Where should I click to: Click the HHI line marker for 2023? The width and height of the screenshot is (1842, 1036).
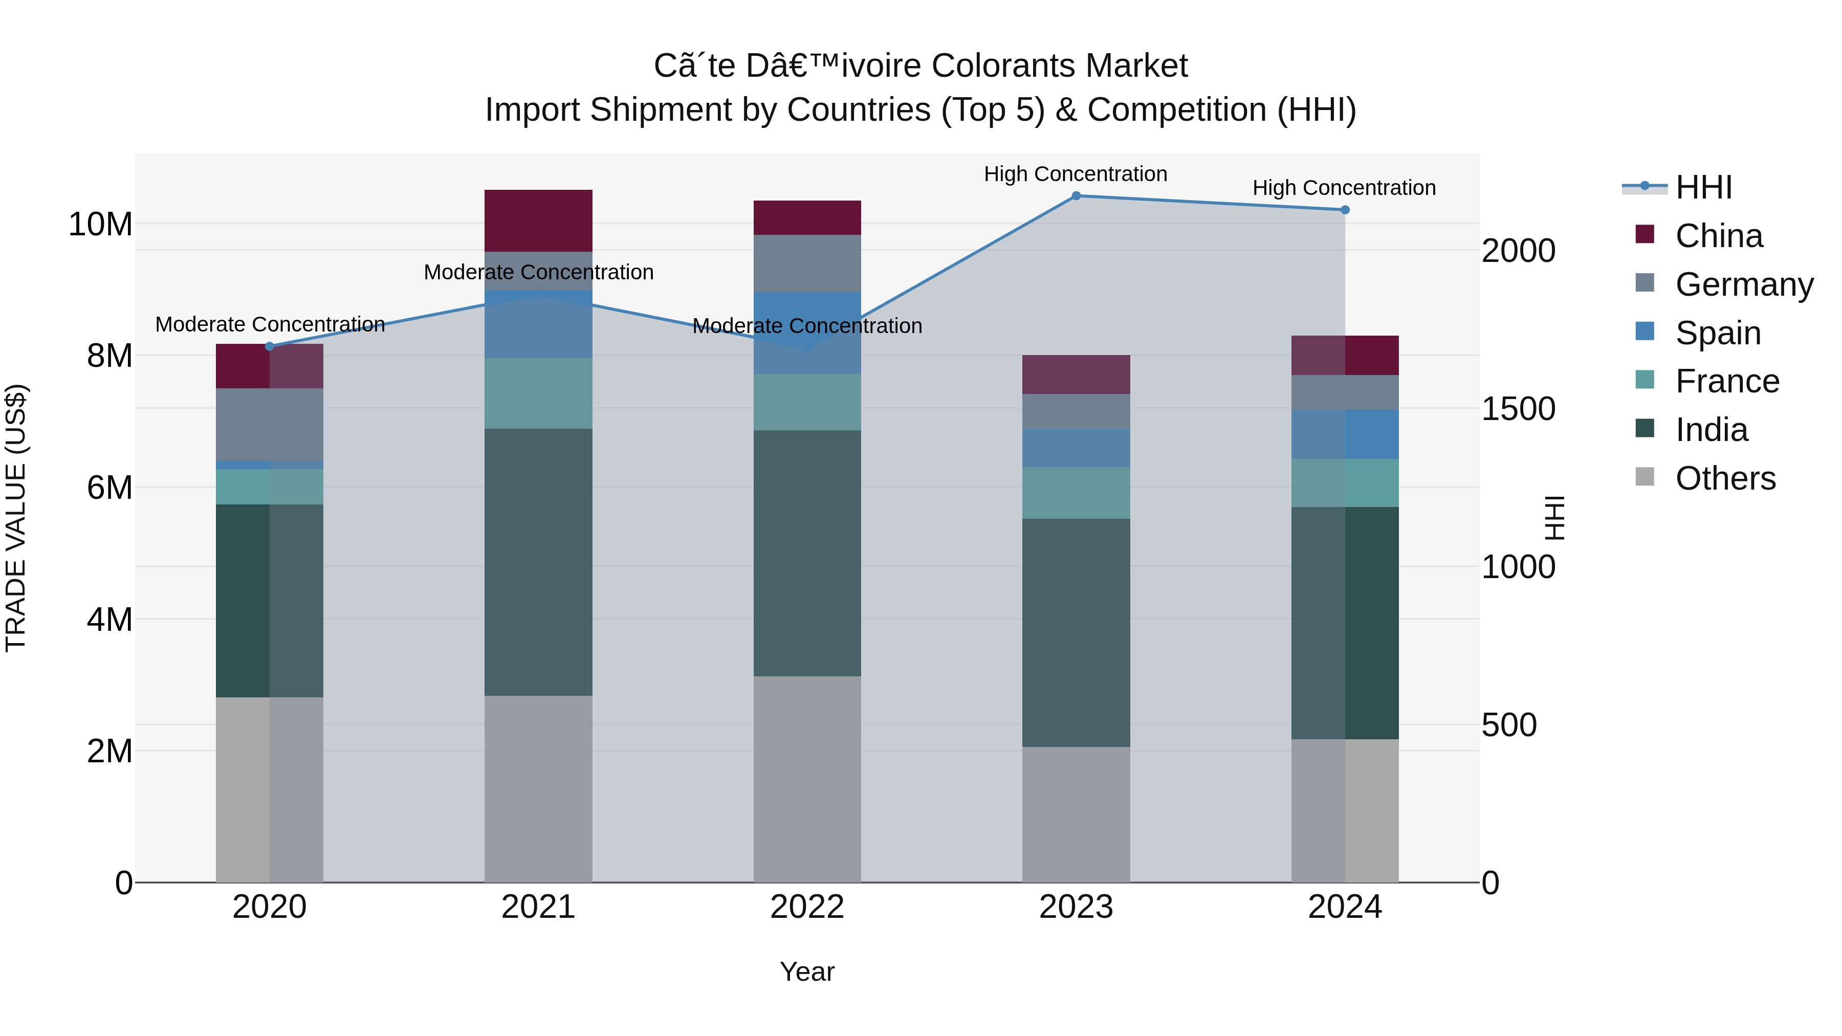click(1076, 195)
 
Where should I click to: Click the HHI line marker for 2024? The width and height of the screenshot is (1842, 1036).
click(1344, 209)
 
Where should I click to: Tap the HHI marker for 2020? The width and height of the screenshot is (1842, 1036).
click(270, 346)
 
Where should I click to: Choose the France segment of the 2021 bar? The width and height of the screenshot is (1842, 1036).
click(538, 393)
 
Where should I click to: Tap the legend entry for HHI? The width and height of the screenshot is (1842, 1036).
click(1703, 187)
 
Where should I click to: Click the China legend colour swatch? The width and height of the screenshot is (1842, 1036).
click(1644, 234)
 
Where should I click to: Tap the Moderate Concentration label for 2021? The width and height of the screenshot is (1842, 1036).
click(538, 272)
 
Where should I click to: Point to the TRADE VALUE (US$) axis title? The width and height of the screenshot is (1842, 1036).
click(16, 518)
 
